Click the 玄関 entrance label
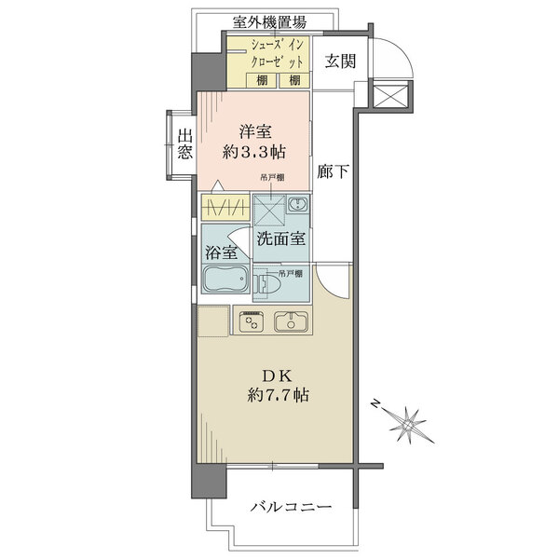click(340, 61)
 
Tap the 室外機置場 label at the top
click(269, 22)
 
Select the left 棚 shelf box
click(262, 80)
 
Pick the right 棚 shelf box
click(294, 80)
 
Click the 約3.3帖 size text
click(253, 153)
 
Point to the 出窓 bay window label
click(185, 144)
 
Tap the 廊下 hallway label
click(334, 171)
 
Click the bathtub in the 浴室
click(225, 279)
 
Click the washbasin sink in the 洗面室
click(297, 204)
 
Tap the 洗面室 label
click(281, 239)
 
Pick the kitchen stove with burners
click(252, 320)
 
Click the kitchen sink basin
click(291, 321)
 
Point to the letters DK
click(278, 375)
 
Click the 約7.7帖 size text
click(278, 395)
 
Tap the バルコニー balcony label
click(291, 507)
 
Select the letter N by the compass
click(375, 403)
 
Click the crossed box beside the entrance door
click(390, 93)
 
